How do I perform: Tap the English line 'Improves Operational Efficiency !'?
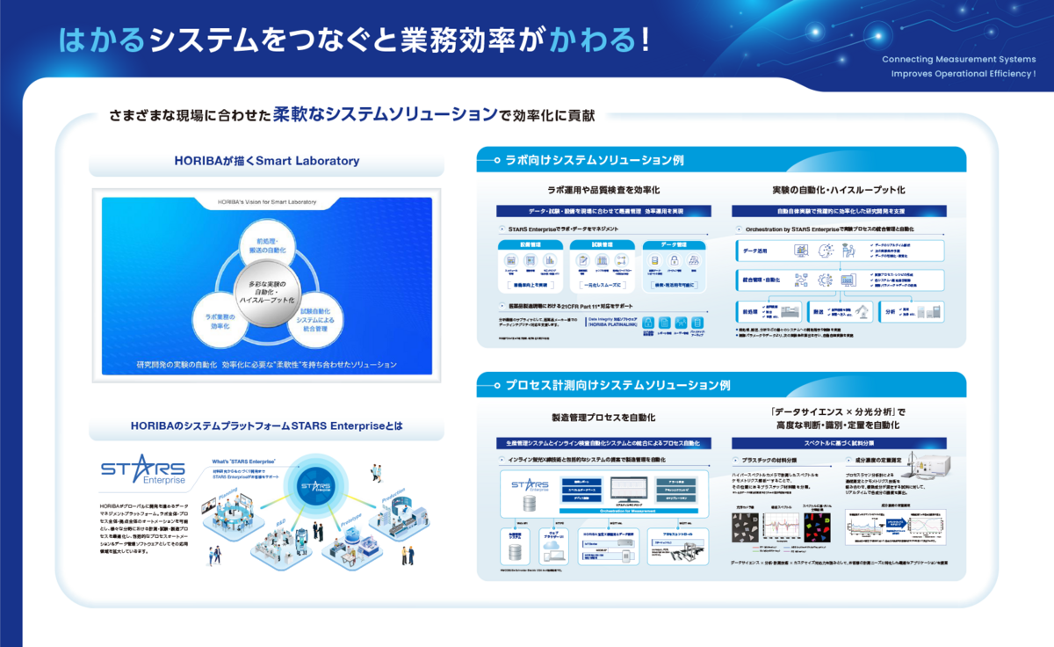click(963, 74)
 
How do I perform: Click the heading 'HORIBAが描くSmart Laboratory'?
click(266, 162)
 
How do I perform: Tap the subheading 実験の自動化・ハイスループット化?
click(838, 190)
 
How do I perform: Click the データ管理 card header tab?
click(673, 245)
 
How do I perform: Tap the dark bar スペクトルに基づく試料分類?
click(838, 443)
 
